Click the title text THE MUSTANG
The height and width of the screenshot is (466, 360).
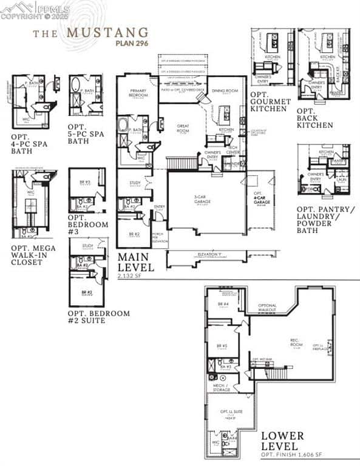click(x=90, y=32)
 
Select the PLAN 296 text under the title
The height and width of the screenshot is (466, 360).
click(x=132, y=43)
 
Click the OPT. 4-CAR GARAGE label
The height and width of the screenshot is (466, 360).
click(x=260, y=198)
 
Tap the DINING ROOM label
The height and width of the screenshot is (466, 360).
click(x=223, y=92)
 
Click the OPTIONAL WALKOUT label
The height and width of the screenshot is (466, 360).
click(x=267, y=308)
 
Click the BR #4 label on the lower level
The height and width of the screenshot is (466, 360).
click(x=222, y=304)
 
